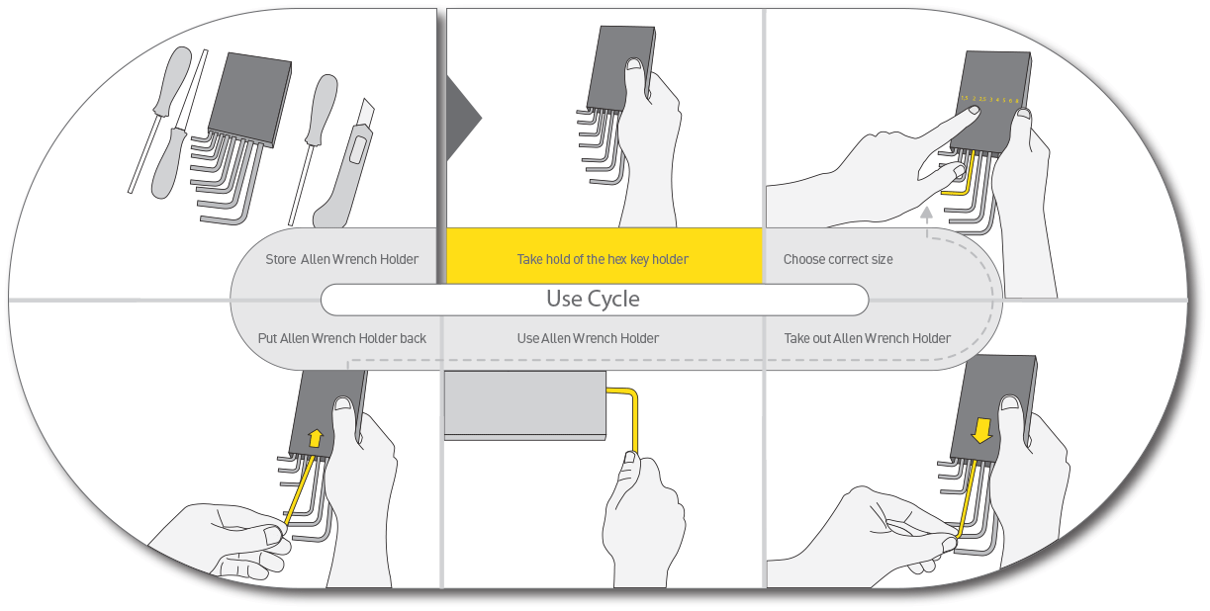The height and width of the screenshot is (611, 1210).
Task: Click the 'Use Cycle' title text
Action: (x=593, y=299)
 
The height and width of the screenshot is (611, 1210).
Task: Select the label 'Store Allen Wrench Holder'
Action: (x=341, y=259)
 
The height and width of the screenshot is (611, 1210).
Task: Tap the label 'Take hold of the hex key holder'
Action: (x=603, y=259)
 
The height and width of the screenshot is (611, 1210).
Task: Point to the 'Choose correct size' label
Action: (x=838, y=259)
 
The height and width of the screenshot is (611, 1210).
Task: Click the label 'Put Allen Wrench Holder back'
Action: (x=341, y=338)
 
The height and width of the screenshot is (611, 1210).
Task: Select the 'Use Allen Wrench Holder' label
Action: (x=588, y=338)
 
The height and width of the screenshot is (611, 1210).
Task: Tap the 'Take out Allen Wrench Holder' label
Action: (x=867, y=338)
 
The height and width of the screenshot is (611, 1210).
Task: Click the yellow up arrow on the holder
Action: (x=315, y=437)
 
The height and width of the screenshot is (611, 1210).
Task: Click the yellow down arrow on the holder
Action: (x=981, y=429)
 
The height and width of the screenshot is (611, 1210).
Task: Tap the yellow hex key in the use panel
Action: (x=630, y=415)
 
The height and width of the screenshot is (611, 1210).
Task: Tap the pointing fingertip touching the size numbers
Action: (x=974, y=111)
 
